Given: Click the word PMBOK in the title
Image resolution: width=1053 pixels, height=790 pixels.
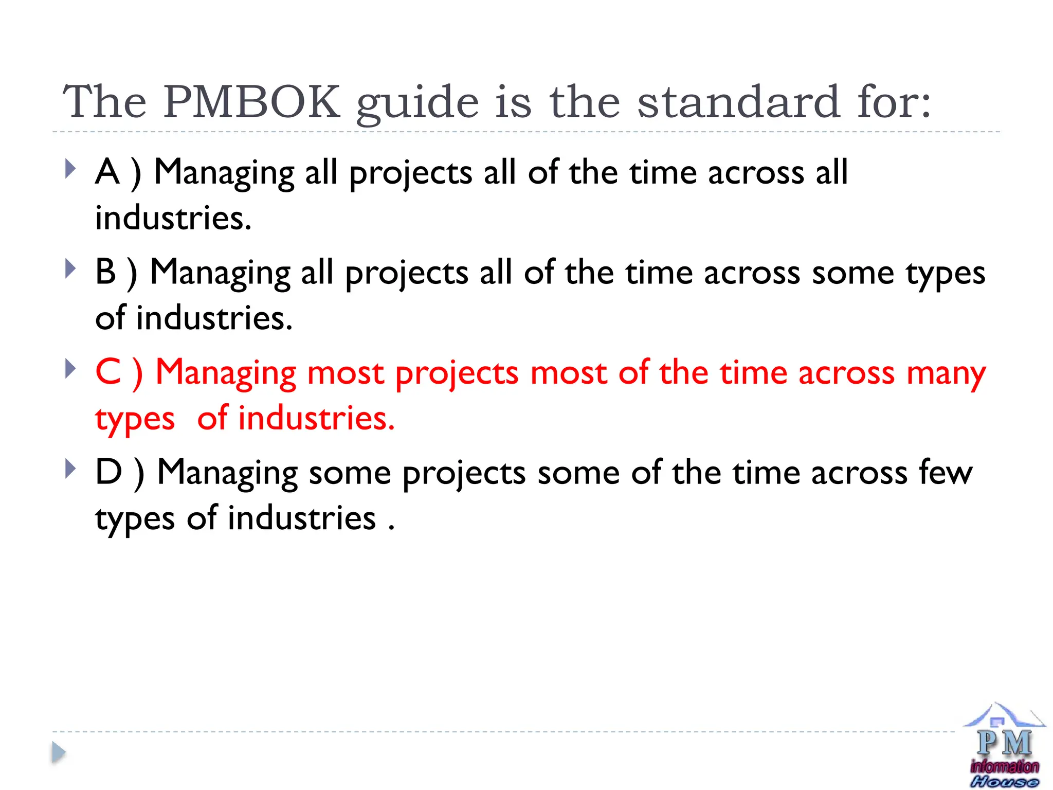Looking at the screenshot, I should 252,102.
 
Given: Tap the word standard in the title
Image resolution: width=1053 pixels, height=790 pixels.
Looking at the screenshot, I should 739,102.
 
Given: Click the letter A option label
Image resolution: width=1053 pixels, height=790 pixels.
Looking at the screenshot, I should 107,172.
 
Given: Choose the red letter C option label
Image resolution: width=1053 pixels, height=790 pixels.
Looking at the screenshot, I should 108,372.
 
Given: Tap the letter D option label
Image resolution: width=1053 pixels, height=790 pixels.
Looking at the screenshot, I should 108,472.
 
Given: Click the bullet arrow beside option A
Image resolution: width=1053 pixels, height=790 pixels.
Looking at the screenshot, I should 70,169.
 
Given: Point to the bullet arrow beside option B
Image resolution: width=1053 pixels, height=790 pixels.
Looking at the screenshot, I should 70,268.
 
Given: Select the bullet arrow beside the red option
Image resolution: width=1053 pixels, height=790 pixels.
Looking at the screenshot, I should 70,368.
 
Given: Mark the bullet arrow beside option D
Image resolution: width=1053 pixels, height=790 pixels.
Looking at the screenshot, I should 70,469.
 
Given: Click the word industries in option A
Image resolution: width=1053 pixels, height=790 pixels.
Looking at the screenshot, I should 173,218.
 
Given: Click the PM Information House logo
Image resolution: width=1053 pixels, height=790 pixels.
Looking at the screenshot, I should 1004,746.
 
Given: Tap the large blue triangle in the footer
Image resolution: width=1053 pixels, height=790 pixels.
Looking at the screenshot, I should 59,752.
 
